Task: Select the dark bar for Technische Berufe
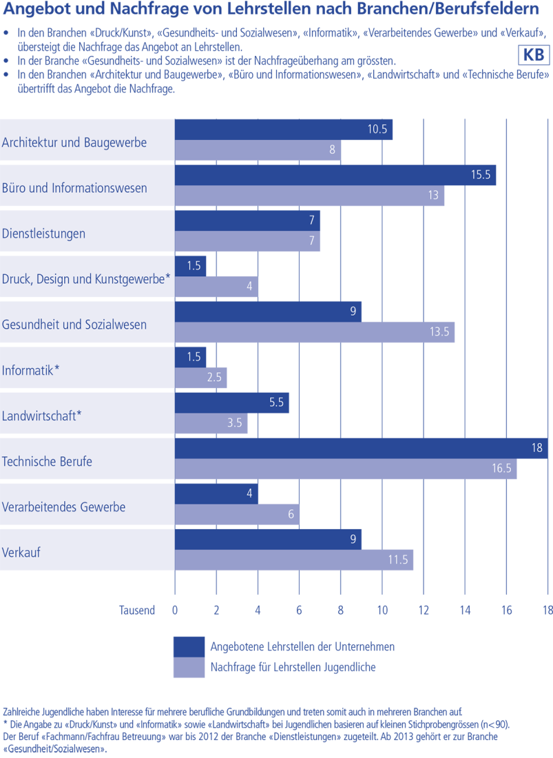point(361,449)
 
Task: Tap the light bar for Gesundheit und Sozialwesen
point(314,332)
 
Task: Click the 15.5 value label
point(480,175)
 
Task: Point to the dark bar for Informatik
point(190,358)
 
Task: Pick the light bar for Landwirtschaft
point(211,423)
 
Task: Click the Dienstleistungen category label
point(44,233)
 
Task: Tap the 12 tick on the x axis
point(424,610)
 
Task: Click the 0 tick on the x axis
point(175,610)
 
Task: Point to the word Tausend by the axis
point(136,610)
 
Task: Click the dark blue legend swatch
point(189,646)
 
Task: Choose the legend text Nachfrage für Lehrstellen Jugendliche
point(293,666)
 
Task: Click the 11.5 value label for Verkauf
point(397,560)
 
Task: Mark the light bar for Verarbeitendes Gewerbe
point(237,514)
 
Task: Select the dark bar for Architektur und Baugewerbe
point(283,130)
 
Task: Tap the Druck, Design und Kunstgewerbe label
point(85,278)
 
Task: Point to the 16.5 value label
point(501,469)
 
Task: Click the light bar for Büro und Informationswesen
point(309,196)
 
